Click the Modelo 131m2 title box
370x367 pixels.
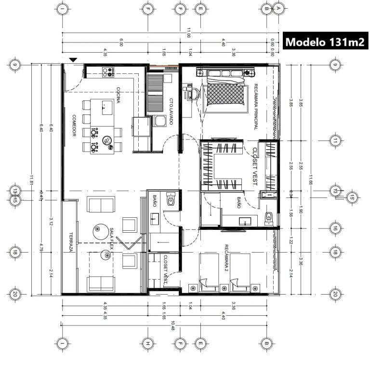pyautogui.click(x=325, y=42)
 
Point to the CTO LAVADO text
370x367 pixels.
pyautogui.click(x=171, y=112)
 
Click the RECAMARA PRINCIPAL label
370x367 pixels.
pyautogui.click(x=255, y=107)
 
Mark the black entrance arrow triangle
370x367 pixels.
pyautogui.click(x=73, y=59)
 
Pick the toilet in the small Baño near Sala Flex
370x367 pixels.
pyautogui.click(x=170, y=200)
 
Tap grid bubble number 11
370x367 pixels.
pyautogui.click(x=335, y=141)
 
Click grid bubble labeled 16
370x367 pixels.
pyautogui.click(x=335, y=228)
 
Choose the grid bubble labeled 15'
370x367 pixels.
pyautogui.click(x=353, y=197)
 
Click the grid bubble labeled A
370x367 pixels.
pyautogui.click(x=278, y=8)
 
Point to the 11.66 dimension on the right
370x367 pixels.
pyautogui.click(x=312, y=179)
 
